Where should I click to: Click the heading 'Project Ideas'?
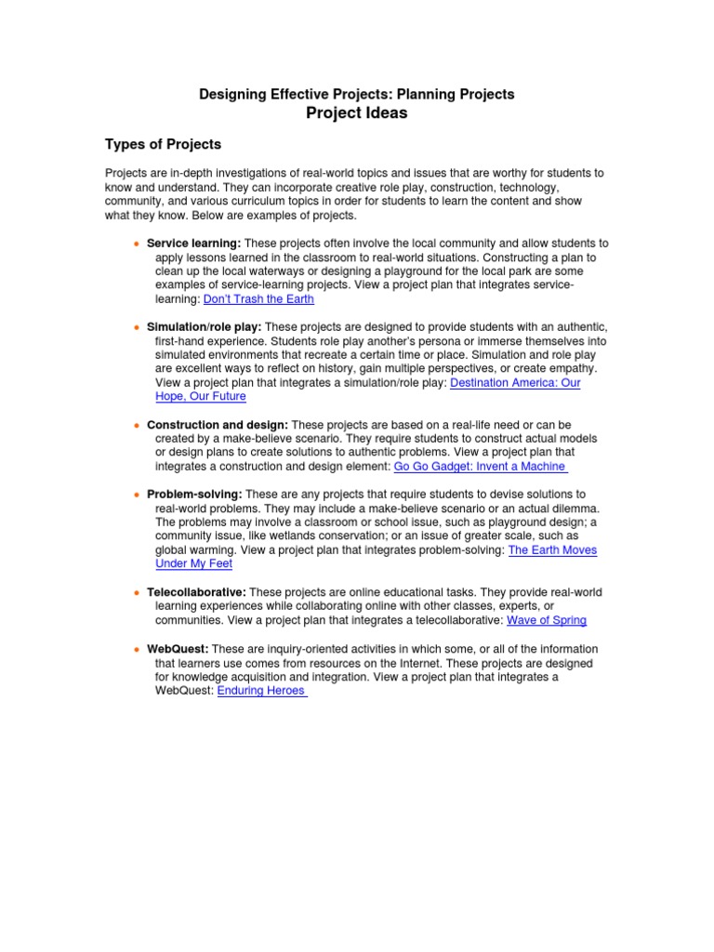(357, 113)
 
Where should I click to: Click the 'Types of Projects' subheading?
(163, 145)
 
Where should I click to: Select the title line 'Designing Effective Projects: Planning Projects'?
(357, 94)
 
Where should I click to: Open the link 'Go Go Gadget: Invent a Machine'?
(481, 466)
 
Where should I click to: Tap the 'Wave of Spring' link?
(547, 620)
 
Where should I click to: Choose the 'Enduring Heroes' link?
(261, 691)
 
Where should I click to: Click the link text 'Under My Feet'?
(193, 563)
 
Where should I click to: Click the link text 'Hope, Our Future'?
(201, 396)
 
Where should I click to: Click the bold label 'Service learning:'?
(193, 244)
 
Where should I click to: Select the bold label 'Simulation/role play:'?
(205, 326)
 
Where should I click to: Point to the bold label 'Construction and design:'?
(218, 424)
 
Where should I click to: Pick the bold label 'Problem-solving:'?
(194, 494)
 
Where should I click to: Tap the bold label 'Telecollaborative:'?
(196, 592)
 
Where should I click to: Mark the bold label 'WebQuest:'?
(178, 649)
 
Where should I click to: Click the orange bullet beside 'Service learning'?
(137, 244)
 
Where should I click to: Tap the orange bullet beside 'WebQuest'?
(137, 649)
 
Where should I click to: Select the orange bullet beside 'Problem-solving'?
(137, 494)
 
